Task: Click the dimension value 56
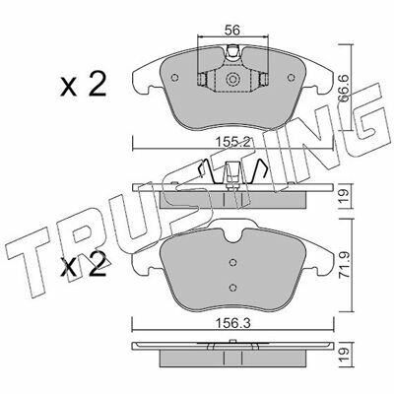[x=232, y=31]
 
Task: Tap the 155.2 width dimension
[x=233, y=143]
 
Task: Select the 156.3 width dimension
[x=232, y=324]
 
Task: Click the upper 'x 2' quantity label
[x=84, y=85]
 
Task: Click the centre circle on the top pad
[x=232, y=79]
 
